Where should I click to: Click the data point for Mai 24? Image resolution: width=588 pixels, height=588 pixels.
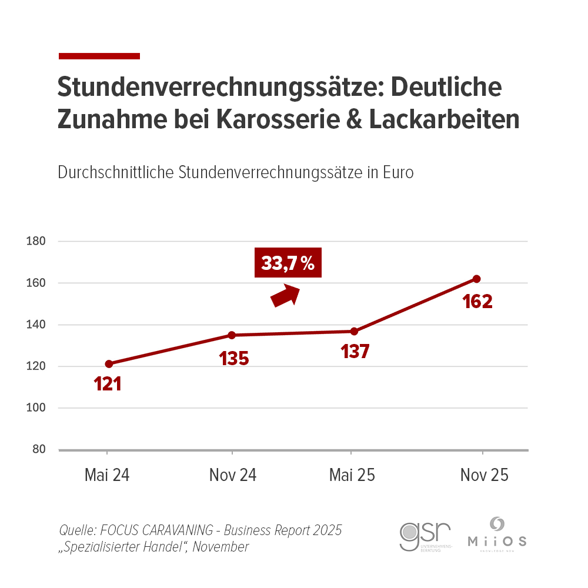pos(108,364)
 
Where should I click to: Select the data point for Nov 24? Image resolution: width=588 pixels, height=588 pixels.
pos(232,335)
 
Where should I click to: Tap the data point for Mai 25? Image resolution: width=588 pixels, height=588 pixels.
pos(354,331)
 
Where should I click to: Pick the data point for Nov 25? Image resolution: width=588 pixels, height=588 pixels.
pos(477,279)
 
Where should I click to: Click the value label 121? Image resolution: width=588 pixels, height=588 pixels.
pos(108,385)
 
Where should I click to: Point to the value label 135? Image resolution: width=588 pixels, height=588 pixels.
pos(234,358)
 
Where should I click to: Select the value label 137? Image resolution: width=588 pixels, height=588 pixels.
pos(355,352)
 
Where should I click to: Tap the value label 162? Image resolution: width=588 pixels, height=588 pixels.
pos(477,302)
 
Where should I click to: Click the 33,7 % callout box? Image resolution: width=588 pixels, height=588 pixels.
pos(288,262)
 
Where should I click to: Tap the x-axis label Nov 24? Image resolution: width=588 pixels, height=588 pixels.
pos(233,475)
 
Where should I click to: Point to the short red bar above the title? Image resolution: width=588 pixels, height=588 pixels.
pos(99,56)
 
